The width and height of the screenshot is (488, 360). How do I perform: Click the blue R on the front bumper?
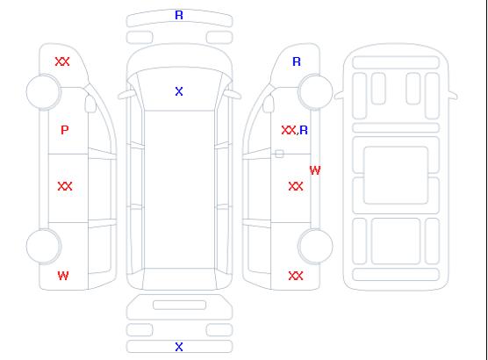point(179,15)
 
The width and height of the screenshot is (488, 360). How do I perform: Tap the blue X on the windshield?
point(179,91)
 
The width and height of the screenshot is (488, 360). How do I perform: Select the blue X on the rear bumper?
point(179,347)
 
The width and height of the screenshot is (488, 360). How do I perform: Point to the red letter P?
point(64,130)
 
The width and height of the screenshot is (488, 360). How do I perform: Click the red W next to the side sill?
point(315,170)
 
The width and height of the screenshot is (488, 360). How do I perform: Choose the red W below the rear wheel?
point(63,276)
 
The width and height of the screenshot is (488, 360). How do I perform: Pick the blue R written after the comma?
point(304,130)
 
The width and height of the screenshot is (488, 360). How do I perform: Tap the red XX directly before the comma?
point(289,130)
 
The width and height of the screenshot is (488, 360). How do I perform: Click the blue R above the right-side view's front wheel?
point(297,61)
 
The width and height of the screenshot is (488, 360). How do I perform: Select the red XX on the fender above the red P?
point(62,61)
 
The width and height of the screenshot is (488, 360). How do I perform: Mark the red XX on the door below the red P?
point(65,186)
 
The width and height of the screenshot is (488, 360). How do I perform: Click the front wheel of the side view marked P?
point(44,92)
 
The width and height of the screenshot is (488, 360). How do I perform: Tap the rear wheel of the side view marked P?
point(44,247)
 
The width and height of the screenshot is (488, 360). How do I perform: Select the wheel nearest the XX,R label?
point(315,92)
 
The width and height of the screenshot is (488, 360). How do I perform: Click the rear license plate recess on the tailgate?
point(179,305)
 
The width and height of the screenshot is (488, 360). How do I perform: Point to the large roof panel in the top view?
point(179,189)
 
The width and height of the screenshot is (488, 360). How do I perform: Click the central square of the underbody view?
point(396,175)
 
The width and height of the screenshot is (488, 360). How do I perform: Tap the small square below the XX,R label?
point(279,154)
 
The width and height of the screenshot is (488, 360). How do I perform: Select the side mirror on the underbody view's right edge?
point(453,96)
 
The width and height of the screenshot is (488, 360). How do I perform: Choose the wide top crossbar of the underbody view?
point(396,62)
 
